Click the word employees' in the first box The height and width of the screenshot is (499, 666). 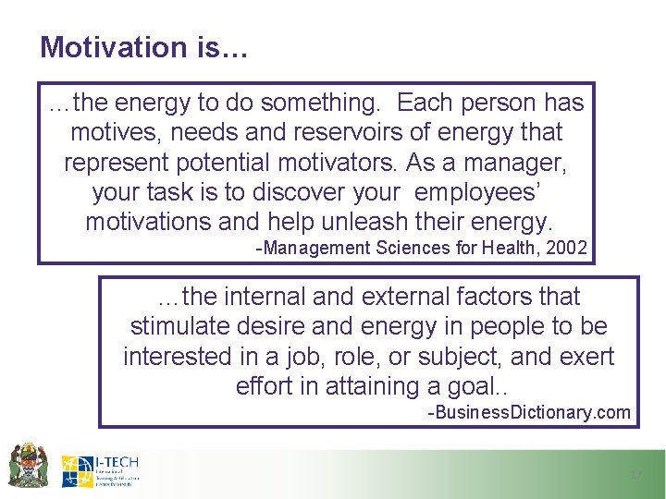click(x=485, y=192)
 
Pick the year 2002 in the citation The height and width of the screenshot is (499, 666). click(x=566, y=248)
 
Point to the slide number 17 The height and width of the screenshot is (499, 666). click(x=635, y=475)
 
